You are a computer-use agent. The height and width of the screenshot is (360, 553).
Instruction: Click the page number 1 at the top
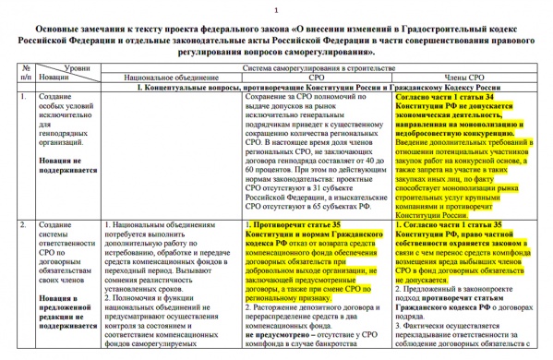pos(277,7)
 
